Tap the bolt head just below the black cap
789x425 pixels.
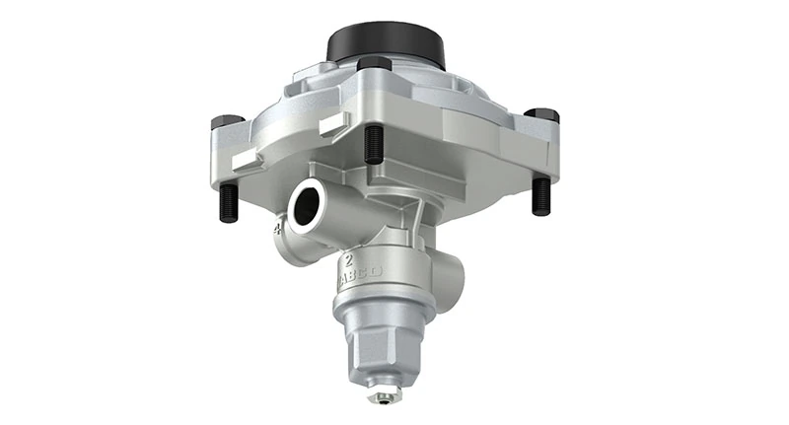pos(374,66)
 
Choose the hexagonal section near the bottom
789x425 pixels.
pos(380,346)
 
